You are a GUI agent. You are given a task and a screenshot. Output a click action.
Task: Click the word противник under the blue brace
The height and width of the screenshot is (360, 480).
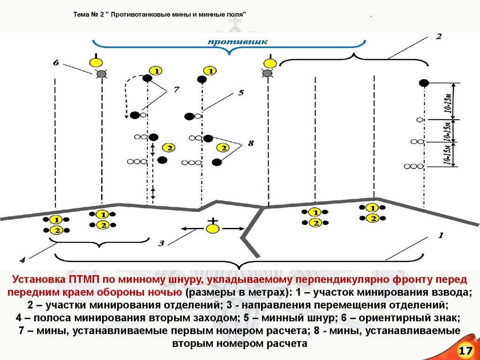238,42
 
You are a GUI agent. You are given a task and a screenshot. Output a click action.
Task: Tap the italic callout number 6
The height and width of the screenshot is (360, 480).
56,62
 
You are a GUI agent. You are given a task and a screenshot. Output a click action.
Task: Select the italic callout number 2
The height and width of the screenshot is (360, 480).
438,37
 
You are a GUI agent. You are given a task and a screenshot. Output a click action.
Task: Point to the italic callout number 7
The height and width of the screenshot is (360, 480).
176,90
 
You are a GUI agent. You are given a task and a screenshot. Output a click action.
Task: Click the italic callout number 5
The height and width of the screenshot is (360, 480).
240,93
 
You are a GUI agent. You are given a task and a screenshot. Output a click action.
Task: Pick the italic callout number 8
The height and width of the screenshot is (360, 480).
251,143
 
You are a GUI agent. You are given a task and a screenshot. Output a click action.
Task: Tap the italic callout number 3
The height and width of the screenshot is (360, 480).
161,243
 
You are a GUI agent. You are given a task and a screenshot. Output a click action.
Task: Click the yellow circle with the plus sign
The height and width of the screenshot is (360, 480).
213,229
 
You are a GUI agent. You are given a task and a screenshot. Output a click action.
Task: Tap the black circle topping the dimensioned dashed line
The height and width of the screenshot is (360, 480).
424,83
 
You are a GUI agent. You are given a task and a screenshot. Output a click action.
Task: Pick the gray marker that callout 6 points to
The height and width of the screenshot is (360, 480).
101,74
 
